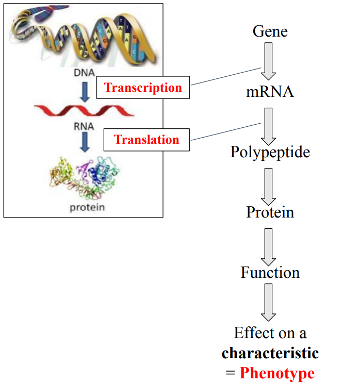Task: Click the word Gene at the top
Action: point(270,31)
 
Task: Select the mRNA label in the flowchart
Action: point(270,92)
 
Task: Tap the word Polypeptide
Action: point(270,152)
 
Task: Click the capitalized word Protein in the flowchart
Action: point(270,212)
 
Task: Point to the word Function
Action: point(270,272)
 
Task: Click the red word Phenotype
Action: point(277,373)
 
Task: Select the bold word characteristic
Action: point(270,353)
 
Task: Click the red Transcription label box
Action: point(143,88)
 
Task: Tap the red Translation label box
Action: point(146,140)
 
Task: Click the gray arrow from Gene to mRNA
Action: point(269,60)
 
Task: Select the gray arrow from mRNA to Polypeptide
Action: point(269,125)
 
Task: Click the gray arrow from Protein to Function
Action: point(269,245)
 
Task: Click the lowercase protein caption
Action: point(87,208)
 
